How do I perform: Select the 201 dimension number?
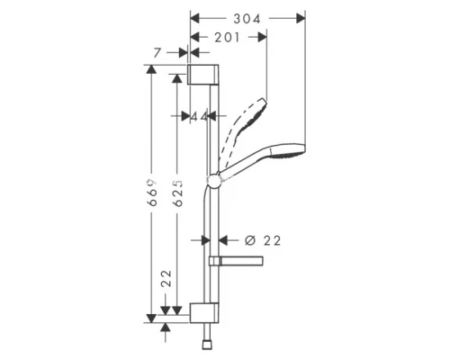coord(228,37)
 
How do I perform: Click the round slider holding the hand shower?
coord(214,183)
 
